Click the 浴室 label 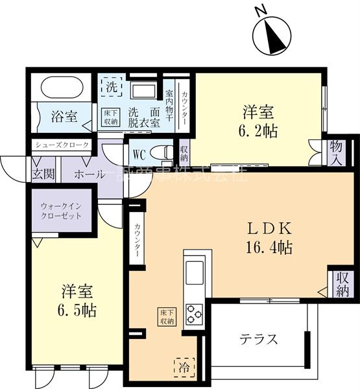tap(64, 117)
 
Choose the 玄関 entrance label tap(43, 174)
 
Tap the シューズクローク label tap(62, 145)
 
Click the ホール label tap(88, 174)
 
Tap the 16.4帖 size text tap(272, 247)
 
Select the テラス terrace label tap(259, 339)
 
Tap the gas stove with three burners tap(195, 314)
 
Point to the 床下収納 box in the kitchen tap(166, 316)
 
